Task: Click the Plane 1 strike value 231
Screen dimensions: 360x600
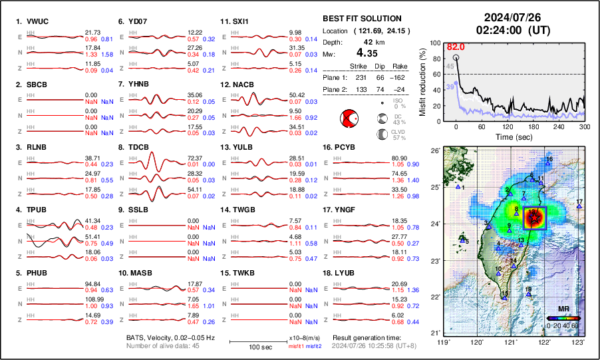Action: point(357,77)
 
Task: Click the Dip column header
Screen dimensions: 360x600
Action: point(378,66)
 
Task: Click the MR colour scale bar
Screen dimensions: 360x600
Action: point(563,318)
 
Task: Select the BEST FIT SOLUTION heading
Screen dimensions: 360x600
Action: point(361,19)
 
